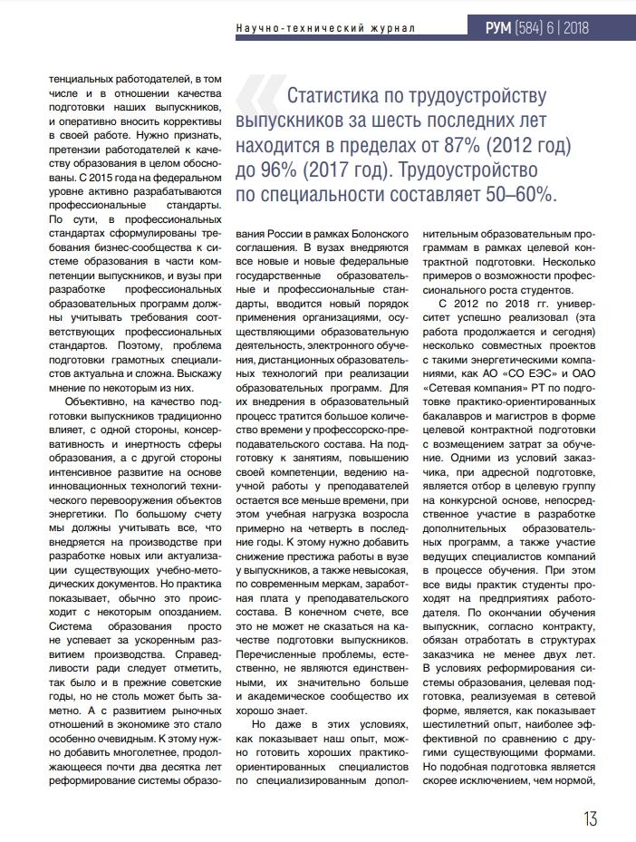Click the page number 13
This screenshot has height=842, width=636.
(589, 818)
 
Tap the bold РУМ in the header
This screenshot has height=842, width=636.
(498, 28)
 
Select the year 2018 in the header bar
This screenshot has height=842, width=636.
(575, 28)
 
